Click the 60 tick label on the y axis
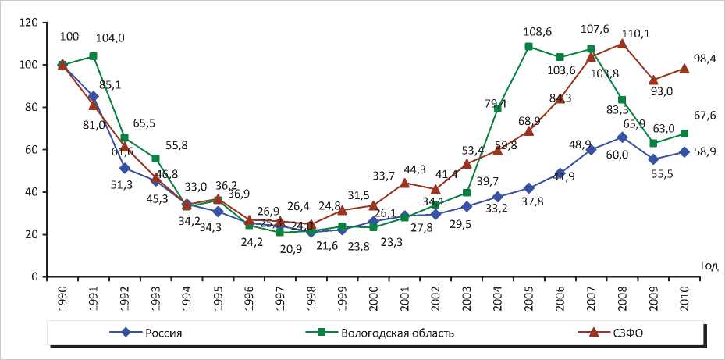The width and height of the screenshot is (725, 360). [30, 149]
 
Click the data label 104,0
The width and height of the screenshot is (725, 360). [110, 37]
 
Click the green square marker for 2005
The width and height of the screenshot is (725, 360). [529, 47]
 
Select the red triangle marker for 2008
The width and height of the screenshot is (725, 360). [622, 44]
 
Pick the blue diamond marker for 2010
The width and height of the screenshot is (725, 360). [684, 152]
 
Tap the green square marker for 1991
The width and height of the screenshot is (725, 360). [94, 56]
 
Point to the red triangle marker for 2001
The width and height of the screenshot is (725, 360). [404, 183]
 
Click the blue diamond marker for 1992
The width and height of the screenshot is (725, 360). [125, 168]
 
